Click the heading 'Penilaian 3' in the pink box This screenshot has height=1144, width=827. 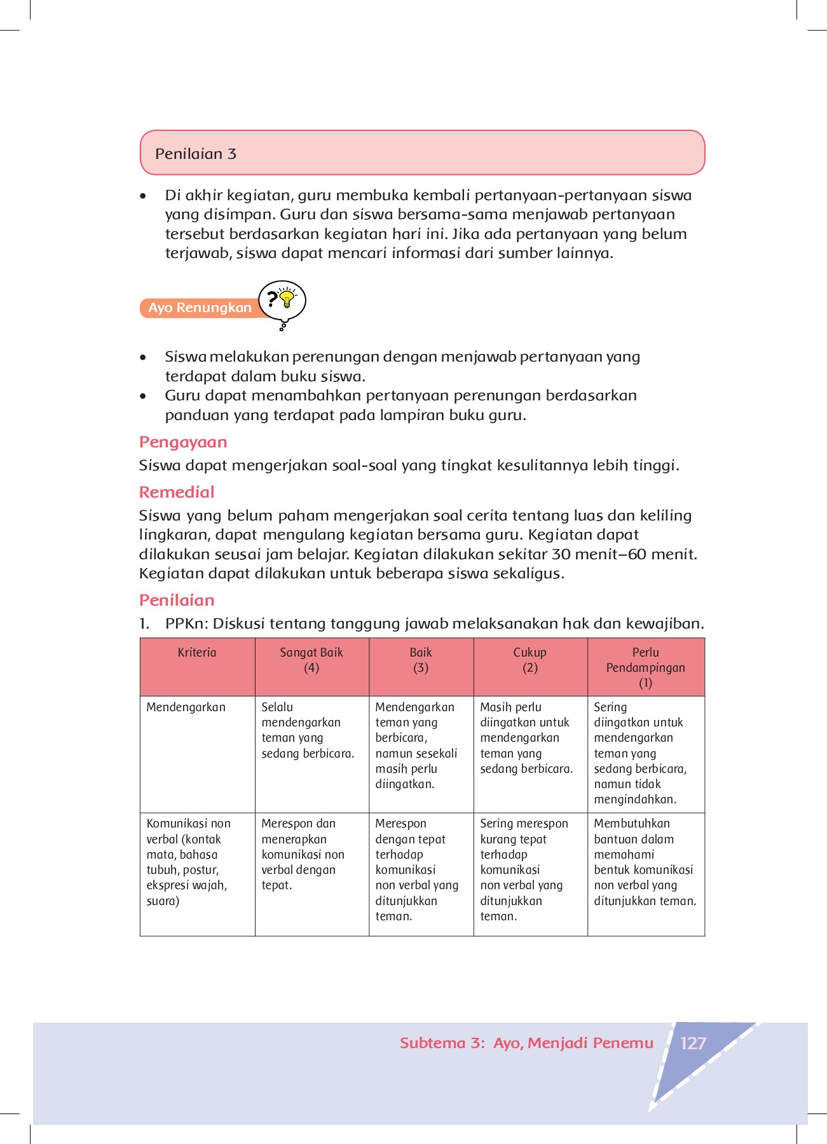(196, 154)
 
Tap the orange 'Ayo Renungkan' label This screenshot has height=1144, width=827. (200, 308)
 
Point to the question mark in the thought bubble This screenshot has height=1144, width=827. (272, 299)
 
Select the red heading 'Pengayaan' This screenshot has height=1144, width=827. (183, 442)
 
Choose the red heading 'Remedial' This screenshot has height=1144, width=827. (177, 493)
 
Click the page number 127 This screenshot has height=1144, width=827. (693, 1044)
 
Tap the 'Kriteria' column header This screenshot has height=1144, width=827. (197, 653)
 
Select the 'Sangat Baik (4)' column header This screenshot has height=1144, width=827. (311, 660)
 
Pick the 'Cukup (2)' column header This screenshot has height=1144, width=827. (530, 660)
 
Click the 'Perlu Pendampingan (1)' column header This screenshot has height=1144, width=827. (646, 667)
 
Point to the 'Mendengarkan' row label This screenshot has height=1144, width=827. (186, 707)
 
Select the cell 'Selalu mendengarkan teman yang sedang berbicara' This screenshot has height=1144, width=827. (308, 730)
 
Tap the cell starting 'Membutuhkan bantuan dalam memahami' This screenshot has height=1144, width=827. (645, 862)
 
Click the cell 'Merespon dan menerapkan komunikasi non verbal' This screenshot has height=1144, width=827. (303, 854)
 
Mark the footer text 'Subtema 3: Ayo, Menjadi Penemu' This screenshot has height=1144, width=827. (526, 1044)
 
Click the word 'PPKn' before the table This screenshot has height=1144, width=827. (185, 624)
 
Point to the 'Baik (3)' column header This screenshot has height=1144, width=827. (421, 660)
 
